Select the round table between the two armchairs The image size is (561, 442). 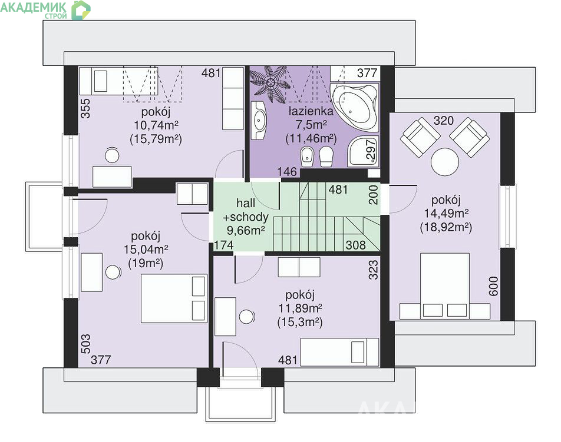(x=445, y=162)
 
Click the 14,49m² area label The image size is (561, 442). (x=447, y=213)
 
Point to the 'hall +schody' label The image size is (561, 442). (x=246, y=210)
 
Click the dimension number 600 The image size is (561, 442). (x=493, y=286)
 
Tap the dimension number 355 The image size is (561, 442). (x=85, y=108)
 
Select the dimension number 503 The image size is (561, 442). (x=85, y=344)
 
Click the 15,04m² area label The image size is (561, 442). (x=146, y=249)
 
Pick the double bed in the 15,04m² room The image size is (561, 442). (x=174, y=298)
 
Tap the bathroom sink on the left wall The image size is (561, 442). (x=258, y=120)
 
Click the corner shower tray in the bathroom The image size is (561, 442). (x=363, y=151)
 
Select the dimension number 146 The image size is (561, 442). (x=288, y=172)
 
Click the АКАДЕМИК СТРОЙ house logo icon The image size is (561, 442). (x=81, y=10)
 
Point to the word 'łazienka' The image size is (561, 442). (x=311, y=111)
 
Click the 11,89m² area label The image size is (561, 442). (x=300, y=308)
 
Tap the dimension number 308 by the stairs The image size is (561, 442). (x=356, y=245)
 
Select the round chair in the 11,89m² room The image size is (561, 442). (x=247, y=317)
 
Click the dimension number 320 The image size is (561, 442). (x=444, y=121)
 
